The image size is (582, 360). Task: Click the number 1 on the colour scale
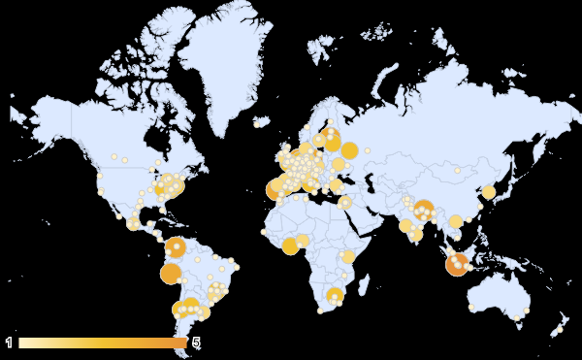9,343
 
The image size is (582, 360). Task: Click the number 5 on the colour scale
197,343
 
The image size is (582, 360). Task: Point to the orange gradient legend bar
102,343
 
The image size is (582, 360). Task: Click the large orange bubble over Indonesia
458,263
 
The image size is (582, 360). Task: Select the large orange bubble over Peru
171,274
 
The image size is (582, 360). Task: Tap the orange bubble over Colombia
176,248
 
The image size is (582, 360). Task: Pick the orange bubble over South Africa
335,296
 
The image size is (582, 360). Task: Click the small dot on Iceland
257,124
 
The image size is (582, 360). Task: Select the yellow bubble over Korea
489,192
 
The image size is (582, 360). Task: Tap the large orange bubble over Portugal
275,189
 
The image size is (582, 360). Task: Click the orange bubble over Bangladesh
423,208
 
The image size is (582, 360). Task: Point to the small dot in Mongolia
457,171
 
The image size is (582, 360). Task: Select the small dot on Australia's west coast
471,308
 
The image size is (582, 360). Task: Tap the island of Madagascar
365,283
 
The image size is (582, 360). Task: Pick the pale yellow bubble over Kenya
348,257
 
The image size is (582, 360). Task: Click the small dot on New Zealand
560,329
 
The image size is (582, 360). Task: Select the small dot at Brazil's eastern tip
234,265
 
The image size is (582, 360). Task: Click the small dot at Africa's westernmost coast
264,232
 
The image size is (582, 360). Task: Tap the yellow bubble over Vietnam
456,221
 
